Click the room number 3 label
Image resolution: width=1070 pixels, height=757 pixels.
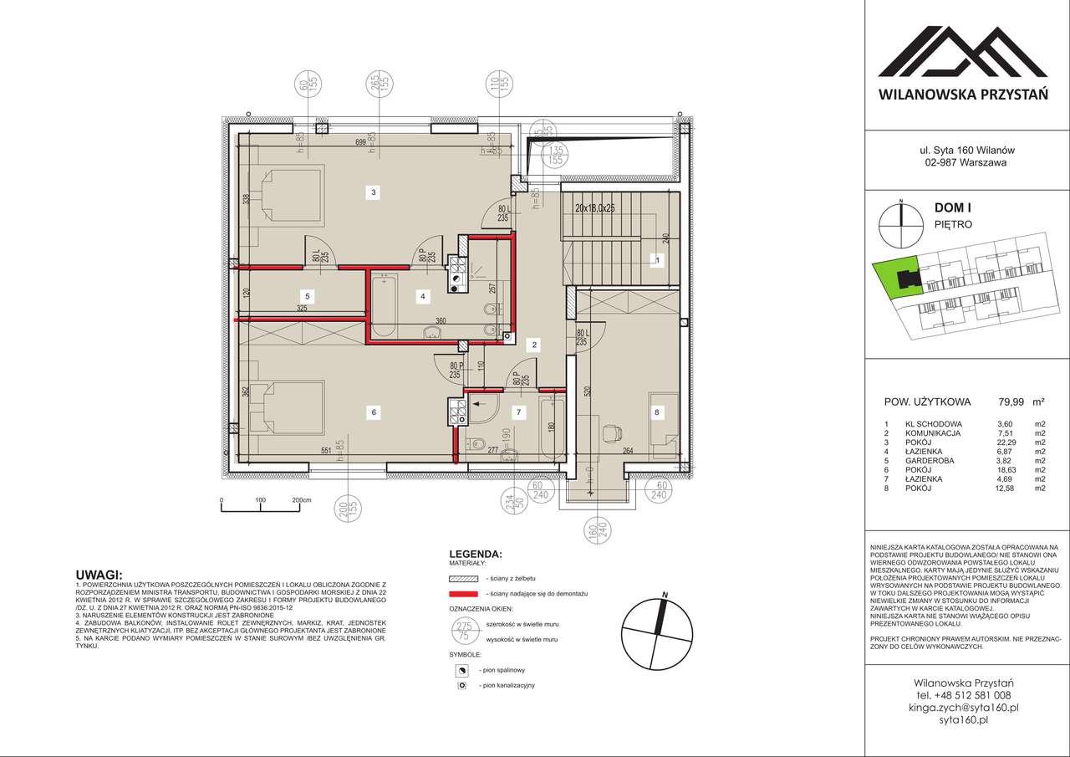(x=374, y=192)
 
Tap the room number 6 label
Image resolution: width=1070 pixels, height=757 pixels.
(x=374, y=411)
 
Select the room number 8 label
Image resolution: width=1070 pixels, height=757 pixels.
(x=656, y=411)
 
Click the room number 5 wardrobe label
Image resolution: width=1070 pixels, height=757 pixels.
(x=308, y=295)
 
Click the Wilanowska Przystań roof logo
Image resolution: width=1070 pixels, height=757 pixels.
(x=962, y=52)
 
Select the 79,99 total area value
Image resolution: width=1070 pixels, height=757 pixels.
(x=1004, y=401)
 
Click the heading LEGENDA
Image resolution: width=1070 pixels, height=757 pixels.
(x=476, y=554)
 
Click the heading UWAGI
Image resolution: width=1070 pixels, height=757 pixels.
(x=98, y=575)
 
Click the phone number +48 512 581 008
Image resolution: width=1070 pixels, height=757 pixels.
(x=963, y=694)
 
